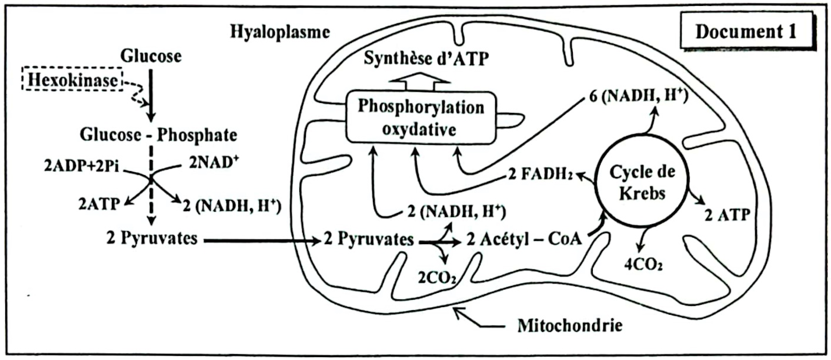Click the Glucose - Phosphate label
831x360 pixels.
pyautogui.click(x=158, y=136)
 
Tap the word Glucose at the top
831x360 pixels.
pyautogui.click(x=151, y=56)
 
